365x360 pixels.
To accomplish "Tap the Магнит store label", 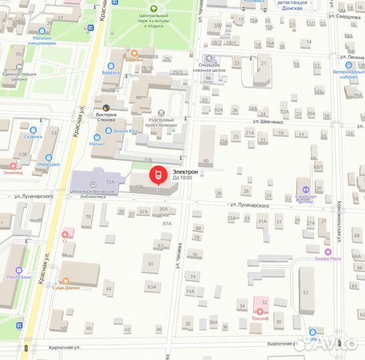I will [97, 143].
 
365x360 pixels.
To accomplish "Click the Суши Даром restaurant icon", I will [65, 281].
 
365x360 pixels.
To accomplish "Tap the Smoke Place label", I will [328, 259].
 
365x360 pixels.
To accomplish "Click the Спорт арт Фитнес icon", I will [306, 189].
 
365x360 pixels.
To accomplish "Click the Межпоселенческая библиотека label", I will [93, 194].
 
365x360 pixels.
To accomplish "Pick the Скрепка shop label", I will [33, 136].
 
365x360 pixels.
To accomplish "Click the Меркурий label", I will [48, 164].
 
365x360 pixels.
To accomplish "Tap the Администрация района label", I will [19, 76].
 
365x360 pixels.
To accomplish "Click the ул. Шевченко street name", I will [268, 122].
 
